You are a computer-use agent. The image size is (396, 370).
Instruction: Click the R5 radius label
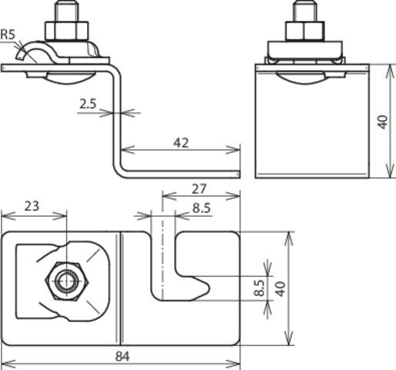pyautogui.click(x=10, y=35)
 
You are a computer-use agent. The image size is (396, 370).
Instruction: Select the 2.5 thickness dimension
pyautogui.click(x=89, y=102)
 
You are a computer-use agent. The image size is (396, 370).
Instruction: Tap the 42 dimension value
pyautogui.click(x=182, y=142)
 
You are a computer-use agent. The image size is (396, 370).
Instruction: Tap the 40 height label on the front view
pyautogui.click(x=383, y=121)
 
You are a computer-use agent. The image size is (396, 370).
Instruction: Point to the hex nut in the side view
pyautogui.click(x=61, y=32)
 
